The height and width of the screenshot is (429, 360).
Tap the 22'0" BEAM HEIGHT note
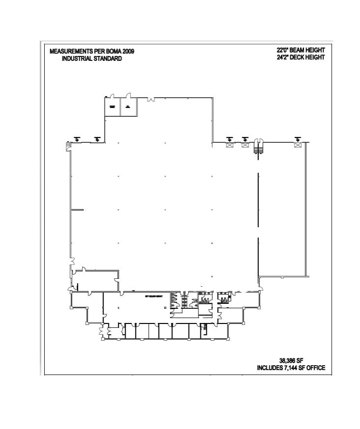(x=301, y=50)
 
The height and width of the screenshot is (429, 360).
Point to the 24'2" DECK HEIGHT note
(x=301, y=57)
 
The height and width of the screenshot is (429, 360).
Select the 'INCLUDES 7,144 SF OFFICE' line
(x=291, y=368)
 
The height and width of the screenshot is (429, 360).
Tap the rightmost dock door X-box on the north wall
(x=297, y=144)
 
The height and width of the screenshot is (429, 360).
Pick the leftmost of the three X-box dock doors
(x=229, y=144)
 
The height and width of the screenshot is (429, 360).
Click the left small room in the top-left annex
(x=112, y=107)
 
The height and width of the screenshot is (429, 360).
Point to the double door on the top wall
(x=151, y=99)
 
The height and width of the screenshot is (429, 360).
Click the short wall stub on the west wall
(x=77, y=210)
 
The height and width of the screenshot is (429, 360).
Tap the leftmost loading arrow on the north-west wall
(x=77, y=139)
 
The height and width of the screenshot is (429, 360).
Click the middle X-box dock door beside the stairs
(x=245, y=144)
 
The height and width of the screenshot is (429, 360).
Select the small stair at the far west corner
(x=68, y=145)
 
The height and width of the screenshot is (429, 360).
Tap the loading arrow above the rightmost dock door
(x=297, y=138)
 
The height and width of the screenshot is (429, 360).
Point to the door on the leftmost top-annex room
(x=111, y=96)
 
